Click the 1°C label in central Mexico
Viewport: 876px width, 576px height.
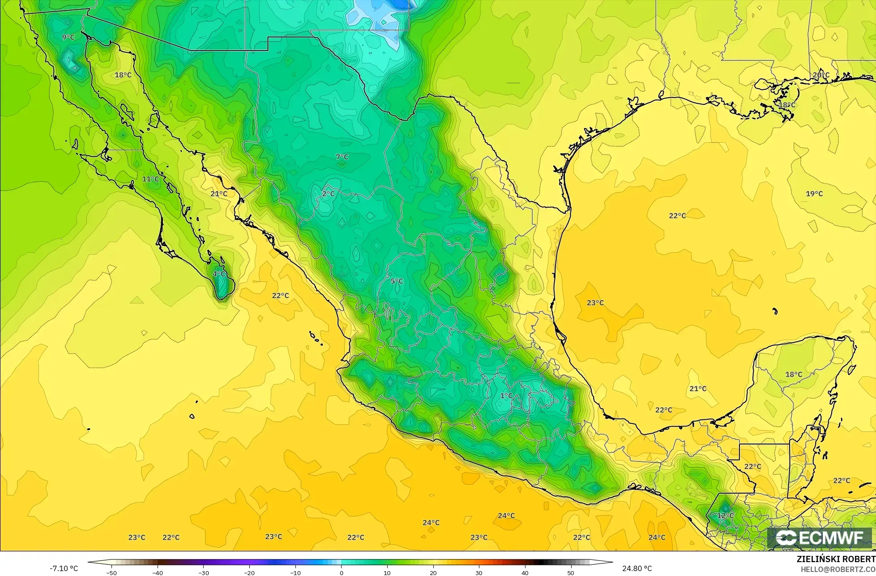[506, 396]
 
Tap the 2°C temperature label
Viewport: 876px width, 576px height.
[328, 193]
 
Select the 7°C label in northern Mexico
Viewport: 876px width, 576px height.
[342, 157]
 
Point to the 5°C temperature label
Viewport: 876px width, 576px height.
[397, 281]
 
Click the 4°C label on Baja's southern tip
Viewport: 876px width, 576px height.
[219, 274]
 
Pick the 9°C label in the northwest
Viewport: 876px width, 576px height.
[68, 37]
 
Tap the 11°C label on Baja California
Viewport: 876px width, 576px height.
[150, 179]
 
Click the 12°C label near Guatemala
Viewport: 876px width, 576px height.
[725, 516]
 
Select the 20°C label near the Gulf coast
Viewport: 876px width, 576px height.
[821, 75]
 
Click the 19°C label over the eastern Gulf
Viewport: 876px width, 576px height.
[814, 193]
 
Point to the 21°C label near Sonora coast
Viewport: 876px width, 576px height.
[219, 193]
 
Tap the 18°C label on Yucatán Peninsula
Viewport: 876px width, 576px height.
[794, 374]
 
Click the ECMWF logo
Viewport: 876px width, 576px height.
[820, 538]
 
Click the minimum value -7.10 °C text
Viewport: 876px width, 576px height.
[64, 568]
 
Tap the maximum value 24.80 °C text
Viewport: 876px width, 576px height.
[637, 568]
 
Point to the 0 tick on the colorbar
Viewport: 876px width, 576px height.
[341, 572]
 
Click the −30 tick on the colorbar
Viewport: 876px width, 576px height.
[203, 572]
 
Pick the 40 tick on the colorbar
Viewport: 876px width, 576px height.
[525, 572]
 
